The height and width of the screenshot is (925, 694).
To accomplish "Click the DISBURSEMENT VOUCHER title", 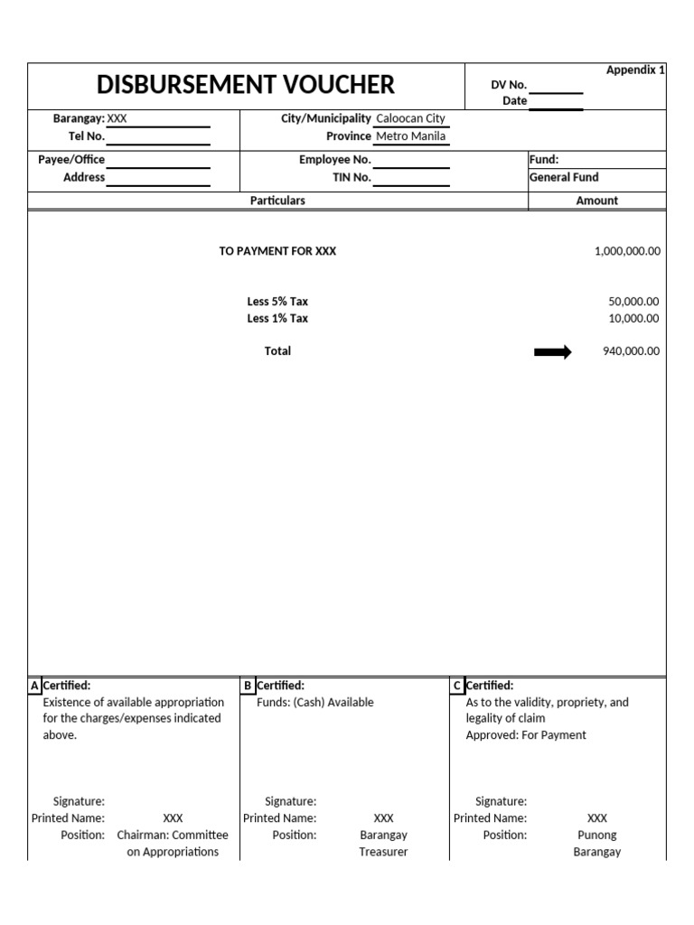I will click(x=246, y=85).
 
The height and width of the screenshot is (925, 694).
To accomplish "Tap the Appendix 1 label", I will click(x=635, y=70).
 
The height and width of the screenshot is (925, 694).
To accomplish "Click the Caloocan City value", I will click(x=410, y=118).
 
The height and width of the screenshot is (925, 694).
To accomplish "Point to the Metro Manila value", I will click(x=410, y=136).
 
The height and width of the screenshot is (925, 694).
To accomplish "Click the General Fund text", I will click(x=564, y=177).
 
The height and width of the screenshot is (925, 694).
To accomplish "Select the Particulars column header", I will click(x=277, y=201).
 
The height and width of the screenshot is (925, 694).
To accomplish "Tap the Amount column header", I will click(x=596, y=201).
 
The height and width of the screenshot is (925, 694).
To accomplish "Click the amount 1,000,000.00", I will click(x=627, y=251).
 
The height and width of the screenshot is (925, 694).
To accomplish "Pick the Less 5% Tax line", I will click(x=277, y=302).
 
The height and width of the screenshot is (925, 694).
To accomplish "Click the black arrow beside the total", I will click(x=553, y=352).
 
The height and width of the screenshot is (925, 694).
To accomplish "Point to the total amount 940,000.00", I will click(x=631, y=351).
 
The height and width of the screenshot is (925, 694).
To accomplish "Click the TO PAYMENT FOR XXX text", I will click(x=277, y=251).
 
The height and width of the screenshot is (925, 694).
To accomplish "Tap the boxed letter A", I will click(x=34, y=686).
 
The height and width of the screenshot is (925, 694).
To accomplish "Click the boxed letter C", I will click(x=457, y=686).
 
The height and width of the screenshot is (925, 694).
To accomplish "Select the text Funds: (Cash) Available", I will click(x=314, y=702).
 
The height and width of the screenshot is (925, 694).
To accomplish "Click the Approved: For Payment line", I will click(x=525, y=734).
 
